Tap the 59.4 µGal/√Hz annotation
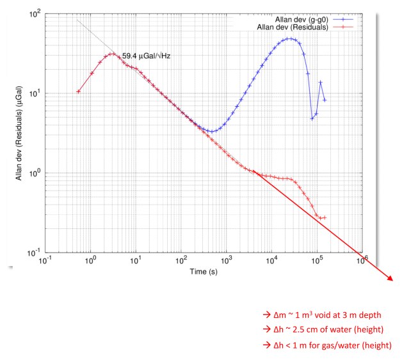(146, 56)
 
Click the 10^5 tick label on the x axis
(317, 262)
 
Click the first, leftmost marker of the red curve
(78, 91)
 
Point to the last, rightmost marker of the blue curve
(325, 100)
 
